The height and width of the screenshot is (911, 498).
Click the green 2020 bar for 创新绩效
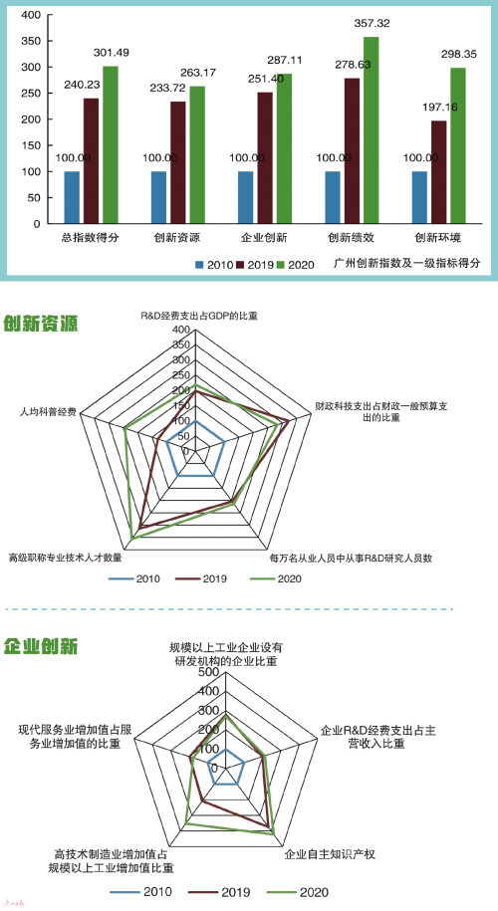coord(371,130)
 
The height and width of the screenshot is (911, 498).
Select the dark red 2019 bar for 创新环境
coord(438,172)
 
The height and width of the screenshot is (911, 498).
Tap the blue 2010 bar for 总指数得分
coord(72,197)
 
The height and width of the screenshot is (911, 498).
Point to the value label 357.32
coord(372,23)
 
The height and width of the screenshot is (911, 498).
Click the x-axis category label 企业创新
coord(264,238)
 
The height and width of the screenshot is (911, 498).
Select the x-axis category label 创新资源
coord(177,238)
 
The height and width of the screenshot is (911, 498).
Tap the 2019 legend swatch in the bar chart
coord(241,265)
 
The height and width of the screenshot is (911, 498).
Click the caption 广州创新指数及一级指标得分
coord(408,263)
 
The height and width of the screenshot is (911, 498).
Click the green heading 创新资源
coord(40,324)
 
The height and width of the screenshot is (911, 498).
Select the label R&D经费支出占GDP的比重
coord(199,317)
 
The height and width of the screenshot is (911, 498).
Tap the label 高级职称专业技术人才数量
coord(65,558)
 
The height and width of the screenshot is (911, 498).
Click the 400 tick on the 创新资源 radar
coord(181,330)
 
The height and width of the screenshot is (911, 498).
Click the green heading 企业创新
coord(40,646)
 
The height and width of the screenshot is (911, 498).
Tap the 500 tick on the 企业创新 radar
coord(208,672)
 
